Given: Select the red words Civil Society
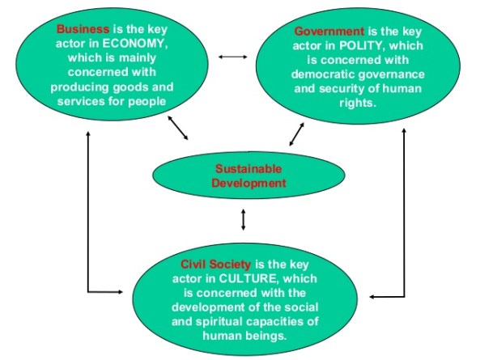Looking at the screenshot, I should point(216,265).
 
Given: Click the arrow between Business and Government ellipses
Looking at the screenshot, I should point(232,57).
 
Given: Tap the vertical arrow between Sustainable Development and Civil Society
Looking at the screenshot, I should point(244,219).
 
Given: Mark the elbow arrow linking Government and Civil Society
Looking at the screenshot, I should point(402,243).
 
